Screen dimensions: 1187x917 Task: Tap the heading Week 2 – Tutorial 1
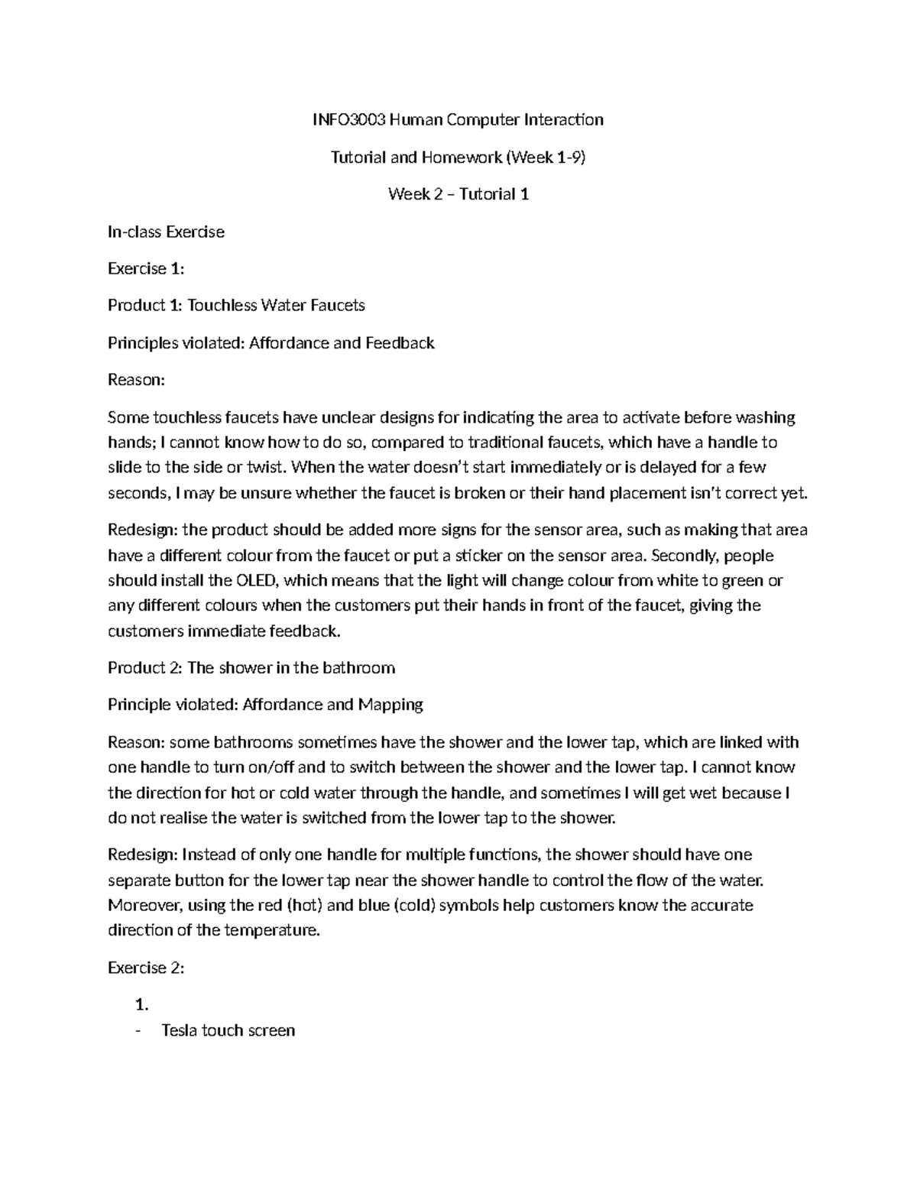pyautogui.click(x=458, y=194)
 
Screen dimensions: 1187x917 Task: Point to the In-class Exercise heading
pyautogui.click(x=166, y=232)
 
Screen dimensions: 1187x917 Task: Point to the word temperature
pyautogui.click(x=271, y=931)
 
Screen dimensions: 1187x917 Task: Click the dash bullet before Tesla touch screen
pyautogui.click(x=138, y=1030)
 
